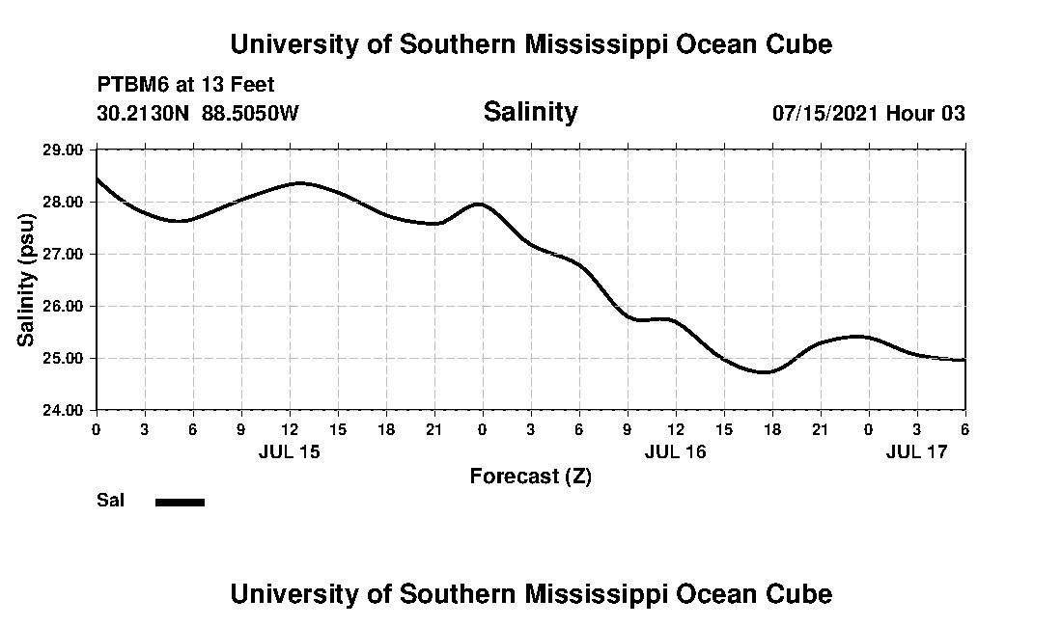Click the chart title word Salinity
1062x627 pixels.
(x=530, y=112)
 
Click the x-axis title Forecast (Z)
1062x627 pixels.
(x=530, y=476)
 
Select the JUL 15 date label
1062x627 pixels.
(x=289, y=451)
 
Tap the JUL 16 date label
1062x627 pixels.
(x=675, y=451)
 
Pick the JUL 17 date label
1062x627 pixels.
(x=917, y=451)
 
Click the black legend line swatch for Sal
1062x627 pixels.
(x=180, y=502)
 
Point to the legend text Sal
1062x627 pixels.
(x=110, y=501)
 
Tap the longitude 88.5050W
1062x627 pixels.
(x=250, y=113)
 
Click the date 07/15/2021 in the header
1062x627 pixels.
(x=825, y=113)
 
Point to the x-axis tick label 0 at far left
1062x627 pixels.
(x=96, y=428)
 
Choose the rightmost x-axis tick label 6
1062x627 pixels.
(x=965, y=428)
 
